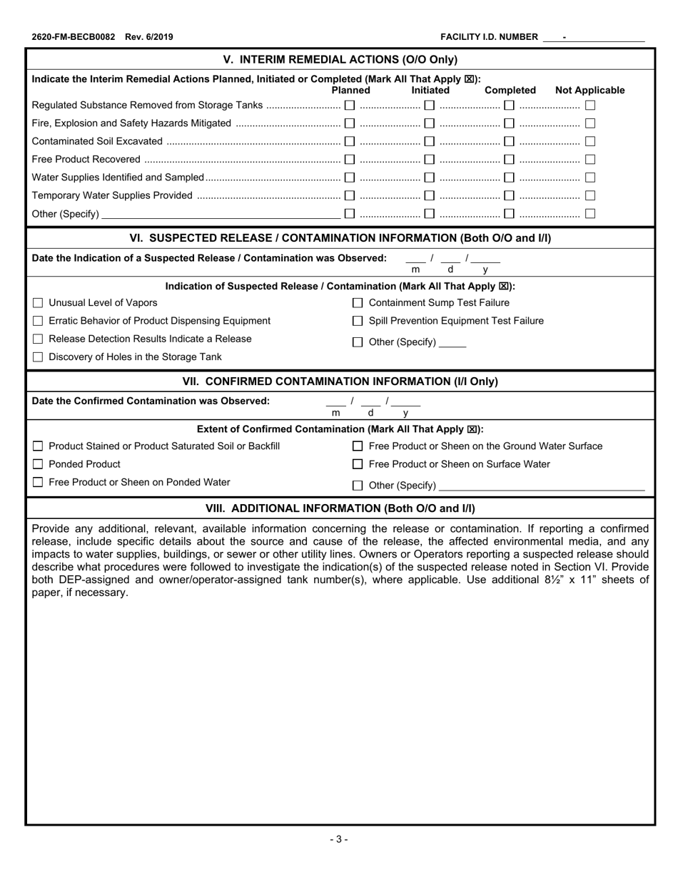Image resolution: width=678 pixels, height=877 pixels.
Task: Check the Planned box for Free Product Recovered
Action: click(x=350, y=160)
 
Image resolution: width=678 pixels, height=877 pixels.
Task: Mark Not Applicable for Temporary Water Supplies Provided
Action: click(x=590, y=195)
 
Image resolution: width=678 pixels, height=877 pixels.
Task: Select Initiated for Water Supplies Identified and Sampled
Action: click(x=430, y=178)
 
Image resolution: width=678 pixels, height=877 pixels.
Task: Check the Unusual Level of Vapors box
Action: click(x=39, y=303)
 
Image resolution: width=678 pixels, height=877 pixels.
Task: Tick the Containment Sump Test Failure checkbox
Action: click(x=358, y=303)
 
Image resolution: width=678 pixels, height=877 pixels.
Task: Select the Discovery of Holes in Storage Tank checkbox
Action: click(x=39, y=357)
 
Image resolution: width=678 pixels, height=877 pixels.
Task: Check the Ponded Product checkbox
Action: click(x=39, y=464)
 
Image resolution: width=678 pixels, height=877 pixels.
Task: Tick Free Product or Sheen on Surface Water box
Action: click(x=358, y=465)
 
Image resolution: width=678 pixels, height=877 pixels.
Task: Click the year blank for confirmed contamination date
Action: click(x=406, y=403)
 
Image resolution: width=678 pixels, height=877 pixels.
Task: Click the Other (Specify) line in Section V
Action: click(x=221, y=214)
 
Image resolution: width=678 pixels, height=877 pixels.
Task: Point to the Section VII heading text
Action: click(x=340, y=381)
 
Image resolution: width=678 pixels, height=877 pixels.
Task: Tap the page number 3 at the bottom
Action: click(x=339, y=839)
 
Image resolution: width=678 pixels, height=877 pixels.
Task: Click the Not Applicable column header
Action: click(x=590, y=91)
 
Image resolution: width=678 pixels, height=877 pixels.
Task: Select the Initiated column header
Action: click(x=430, y=91)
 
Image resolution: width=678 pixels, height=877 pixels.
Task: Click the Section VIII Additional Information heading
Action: click(x=340, y=508)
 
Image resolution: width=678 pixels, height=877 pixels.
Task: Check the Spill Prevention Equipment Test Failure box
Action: click(x=358, y=322)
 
